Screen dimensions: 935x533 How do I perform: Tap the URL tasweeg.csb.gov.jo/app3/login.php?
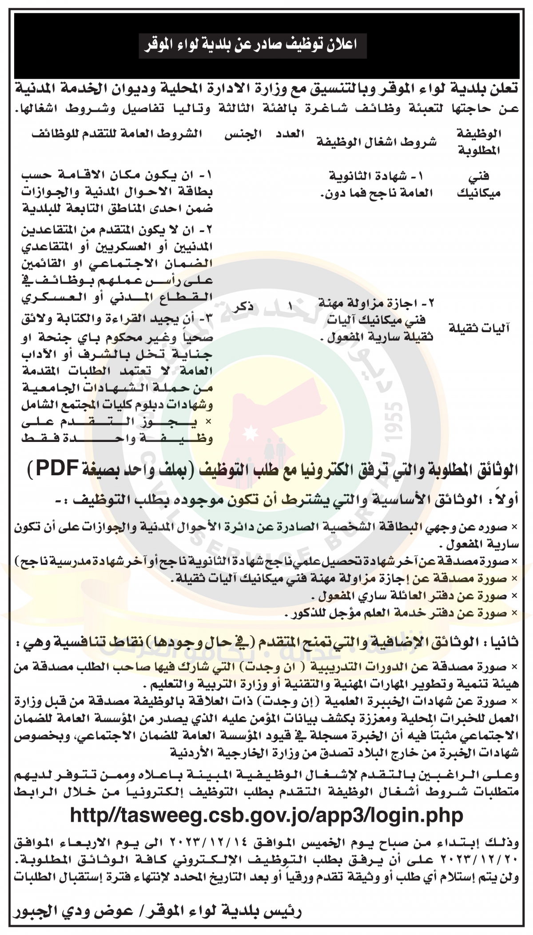266,815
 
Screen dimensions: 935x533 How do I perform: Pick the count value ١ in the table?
291,307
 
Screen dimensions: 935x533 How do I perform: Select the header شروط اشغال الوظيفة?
376,142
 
